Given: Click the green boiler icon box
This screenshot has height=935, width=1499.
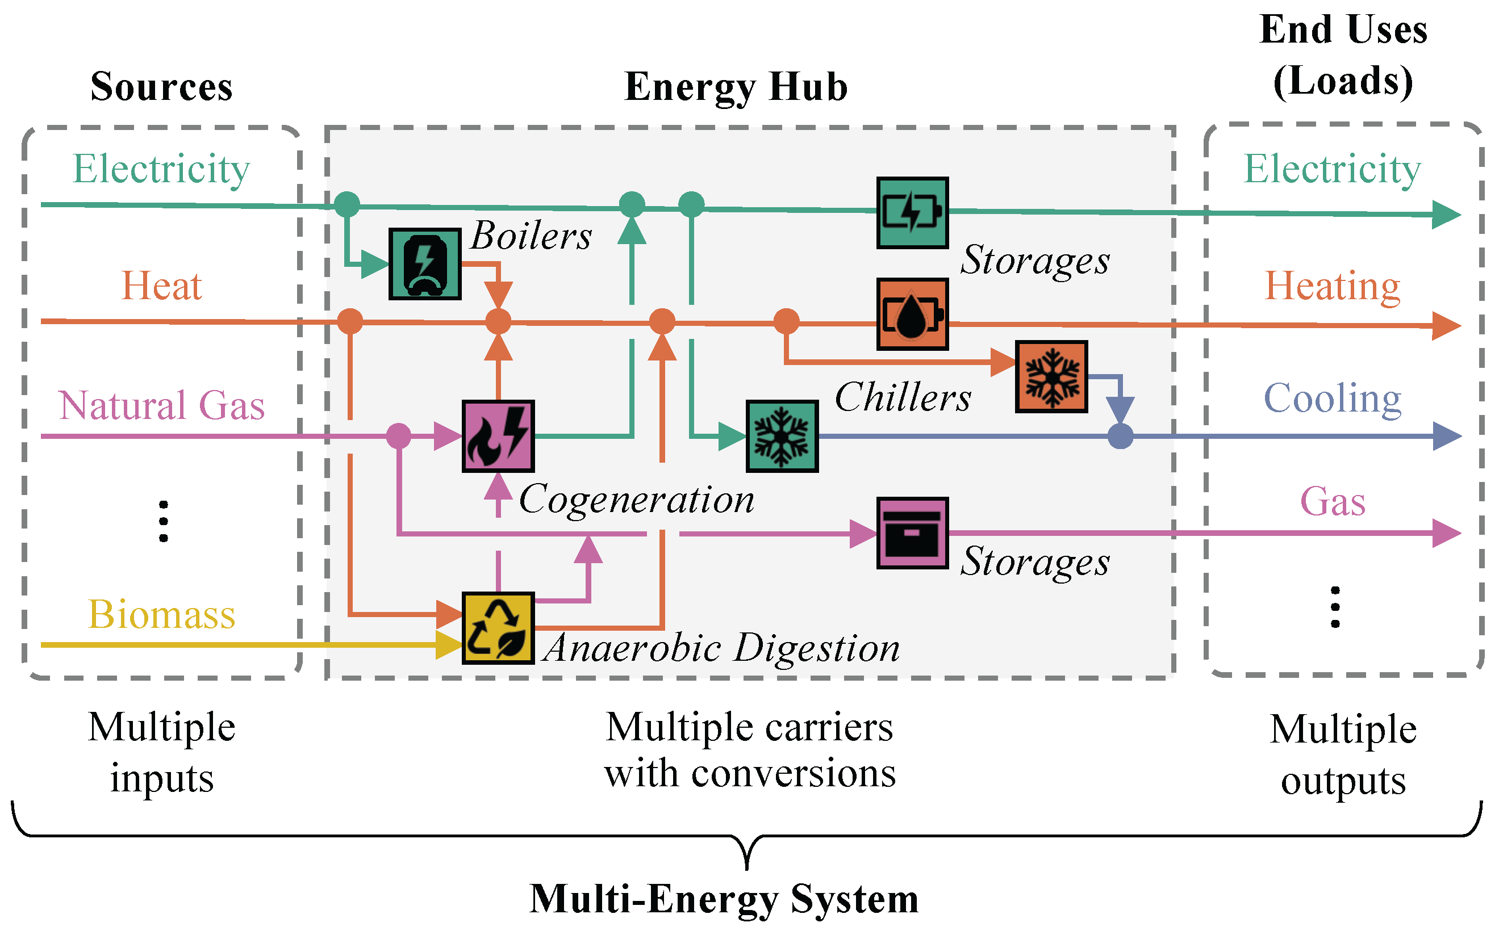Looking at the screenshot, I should pos(424,263).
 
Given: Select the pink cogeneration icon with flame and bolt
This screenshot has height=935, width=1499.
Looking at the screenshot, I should pos(498,436).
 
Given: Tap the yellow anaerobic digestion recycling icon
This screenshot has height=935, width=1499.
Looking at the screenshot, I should pos(498,628).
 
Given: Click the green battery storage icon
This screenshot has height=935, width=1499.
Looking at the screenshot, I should pos(912,213).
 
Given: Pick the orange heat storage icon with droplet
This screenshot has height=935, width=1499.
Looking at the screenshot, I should pos(912,314).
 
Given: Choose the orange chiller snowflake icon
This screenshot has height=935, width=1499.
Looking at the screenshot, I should pos(1050,376).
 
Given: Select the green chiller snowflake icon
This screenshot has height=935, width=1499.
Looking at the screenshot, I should pos(782,436).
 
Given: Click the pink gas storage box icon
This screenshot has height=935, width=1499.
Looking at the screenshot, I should pos(912,533).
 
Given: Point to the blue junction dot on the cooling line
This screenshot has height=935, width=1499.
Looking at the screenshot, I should pos(1120,436).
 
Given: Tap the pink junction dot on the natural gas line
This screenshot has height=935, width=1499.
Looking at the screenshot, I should pos(398,436).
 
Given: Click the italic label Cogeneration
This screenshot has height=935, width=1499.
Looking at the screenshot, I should pos(636,498).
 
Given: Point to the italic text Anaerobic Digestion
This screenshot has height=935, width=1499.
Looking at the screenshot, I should pos(721,648).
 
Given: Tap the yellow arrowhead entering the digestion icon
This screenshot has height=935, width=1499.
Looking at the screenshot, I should pos(449,645).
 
